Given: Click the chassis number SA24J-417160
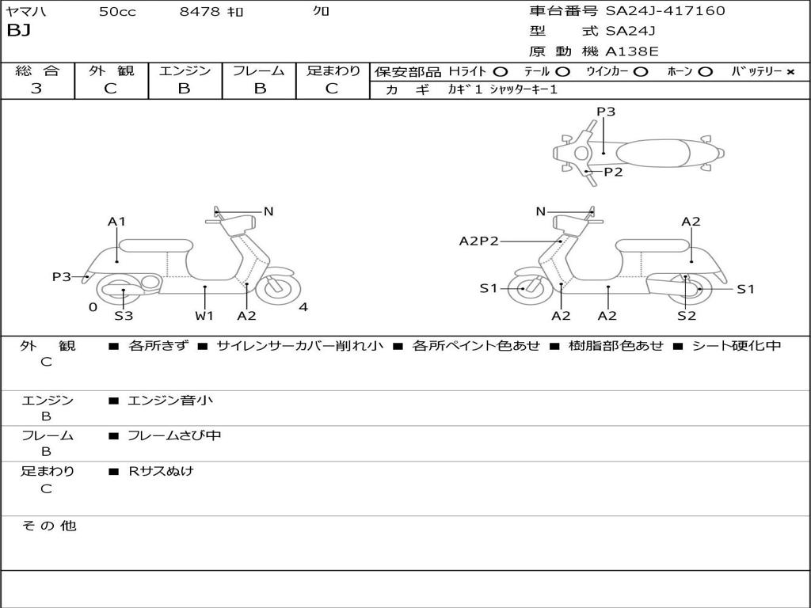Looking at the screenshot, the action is click(x=665, y=11).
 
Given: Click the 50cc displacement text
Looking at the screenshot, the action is click(x=117, y=12).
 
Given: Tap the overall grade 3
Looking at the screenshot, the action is click(x=36, y=89).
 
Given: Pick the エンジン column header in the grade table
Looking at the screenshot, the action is click(x=185, y=70).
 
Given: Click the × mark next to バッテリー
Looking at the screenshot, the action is click(x=790, y=72).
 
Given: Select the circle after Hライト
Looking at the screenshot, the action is click(x=501, y=72).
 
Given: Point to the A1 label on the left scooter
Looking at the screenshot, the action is click(x=116, y=222).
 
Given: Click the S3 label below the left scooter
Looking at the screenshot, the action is click(x=124, y=316).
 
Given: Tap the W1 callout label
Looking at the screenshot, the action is click(x=204, y=316).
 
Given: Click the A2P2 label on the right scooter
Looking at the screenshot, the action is click(x=479, y=241).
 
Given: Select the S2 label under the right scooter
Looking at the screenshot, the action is click(x=687, y=316).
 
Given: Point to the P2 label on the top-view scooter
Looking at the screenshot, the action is click(x=614, y=172).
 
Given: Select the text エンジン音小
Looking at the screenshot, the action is click(x=170, y=400).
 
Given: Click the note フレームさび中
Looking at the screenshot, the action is click(x=174, y=435).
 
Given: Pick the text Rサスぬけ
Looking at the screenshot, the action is click(x=161, y=471).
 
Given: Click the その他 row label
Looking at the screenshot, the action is click(x=48, y=526).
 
